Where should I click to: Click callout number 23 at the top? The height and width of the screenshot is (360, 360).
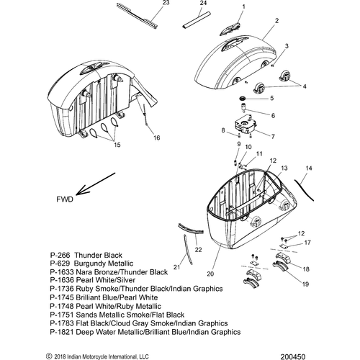pyautogui.click(x=166, y=3)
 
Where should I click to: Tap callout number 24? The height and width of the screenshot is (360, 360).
pyautogui.click(x=203, y=3)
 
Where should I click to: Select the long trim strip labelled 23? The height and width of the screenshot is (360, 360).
pyautogui.click(x=137, y=15)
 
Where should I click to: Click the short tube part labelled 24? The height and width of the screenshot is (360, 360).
pyautogui.click(x=197, y=20)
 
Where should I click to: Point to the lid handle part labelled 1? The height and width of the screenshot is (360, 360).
pyautogui.click(x=230, y=29)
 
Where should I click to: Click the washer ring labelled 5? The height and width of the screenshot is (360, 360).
pyautogui.click(x=243, y=98)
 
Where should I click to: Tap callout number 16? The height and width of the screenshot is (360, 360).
pyautogui.click(x=157, y=138)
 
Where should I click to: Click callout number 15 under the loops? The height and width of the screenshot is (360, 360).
pyautogui.click(x=117, y=145)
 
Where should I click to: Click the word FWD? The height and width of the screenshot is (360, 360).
pyautogui.click(x=65, y=199)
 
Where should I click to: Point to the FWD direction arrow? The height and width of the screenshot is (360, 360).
pyautogui.click(x=96, y=184)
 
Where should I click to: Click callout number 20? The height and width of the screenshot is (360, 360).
pyautogui.click(x=210, y=274)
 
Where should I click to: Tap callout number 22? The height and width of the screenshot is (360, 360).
pyautogui.click(x=198, y=250)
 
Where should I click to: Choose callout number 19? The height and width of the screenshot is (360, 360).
pyautogui.click(x=305, y=284)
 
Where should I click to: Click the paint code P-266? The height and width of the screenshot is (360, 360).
pyautogui.click(x=60, y=255)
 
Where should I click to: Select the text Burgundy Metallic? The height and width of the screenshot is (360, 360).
pyautogui.click(x=104, y=264)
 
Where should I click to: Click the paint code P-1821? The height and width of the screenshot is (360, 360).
pyautogui.click(x=62, y=332)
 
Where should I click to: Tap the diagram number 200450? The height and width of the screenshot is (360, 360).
pyautogui.click(x=292, y=356)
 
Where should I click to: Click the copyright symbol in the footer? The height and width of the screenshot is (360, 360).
pyautogui.click(x=49, y=356)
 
